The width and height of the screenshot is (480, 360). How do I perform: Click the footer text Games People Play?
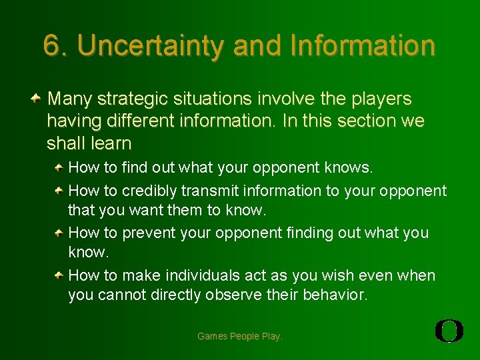tap(240, 337)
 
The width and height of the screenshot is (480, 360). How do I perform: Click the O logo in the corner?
tap(449, 331)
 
